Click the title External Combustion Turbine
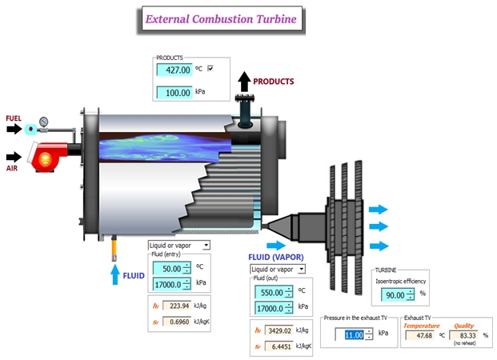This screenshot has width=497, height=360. coord(220,18)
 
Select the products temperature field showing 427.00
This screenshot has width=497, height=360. coord(175,70)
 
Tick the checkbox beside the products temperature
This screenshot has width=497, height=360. coord(210,70)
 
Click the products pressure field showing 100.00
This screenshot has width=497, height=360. coord(175,92)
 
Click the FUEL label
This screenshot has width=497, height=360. coord(14,118)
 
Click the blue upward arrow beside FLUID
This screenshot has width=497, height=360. coord(115,274)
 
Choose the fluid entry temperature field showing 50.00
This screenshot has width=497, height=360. coord(167,267)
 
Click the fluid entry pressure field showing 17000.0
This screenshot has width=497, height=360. coord(167,283)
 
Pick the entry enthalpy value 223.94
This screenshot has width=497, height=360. coord(178,306)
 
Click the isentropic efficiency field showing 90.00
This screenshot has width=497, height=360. coord(394,294)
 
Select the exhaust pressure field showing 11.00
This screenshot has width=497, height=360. coord(353,334)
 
